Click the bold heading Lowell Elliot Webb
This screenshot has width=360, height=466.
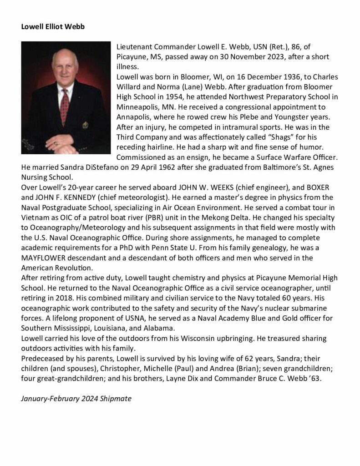pyautogui.click(x=53, y=26)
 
